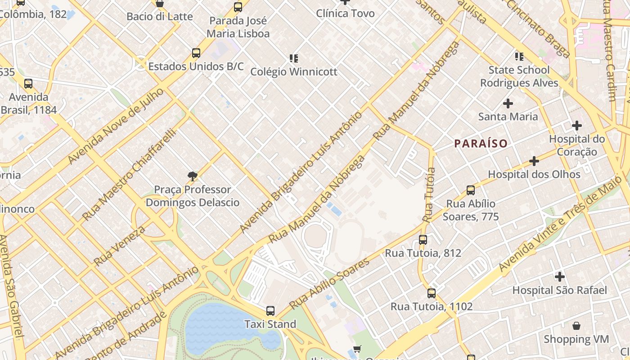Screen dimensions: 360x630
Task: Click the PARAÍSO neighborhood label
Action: [481, 144]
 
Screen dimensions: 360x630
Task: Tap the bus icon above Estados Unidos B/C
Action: [196, 53]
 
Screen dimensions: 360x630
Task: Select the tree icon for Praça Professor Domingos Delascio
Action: [193, 176]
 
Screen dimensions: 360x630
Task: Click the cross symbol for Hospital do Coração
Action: [576, 126]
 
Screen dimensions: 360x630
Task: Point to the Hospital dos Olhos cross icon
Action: [534, 161]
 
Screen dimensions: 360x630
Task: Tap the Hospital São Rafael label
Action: [559, 290]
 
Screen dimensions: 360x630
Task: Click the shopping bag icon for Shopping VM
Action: [576, 326]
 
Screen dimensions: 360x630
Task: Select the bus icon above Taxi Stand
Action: [270, 310]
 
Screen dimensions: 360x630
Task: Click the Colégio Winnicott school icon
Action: [293, 58]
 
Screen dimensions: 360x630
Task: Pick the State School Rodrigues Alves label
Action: [519, 76]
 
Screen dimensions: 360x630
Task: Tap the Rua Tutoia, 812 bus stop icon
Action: [423, 240]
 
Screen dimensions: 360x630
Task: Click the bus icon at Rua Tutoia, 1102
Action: [431, 293]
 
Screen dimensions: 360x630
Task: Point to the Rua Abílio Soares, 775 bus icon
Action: [470, 190]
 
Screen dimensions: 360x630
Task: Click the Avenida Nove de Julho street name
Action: [116, 126]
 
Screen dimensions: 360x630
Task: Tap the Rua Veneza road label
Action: [119, 246]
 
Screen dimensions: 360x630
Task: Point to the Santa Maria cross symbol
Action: [508, 103]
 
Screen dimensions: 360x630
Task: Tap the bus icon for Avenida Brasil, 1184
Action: [28, 84]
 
